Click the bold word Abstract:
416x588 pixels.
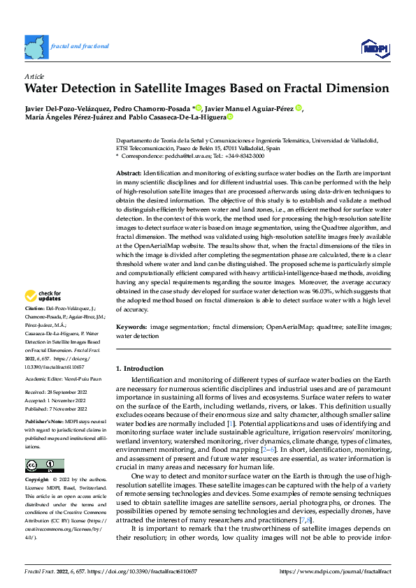click(x=129, y=172)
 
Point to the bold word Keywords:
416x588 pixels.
click(x=131, y=326)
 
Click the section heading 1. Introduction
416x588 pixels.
click(x=139, y=368)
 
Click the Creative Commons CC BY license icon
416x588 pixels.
click(x=44, y=465)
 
